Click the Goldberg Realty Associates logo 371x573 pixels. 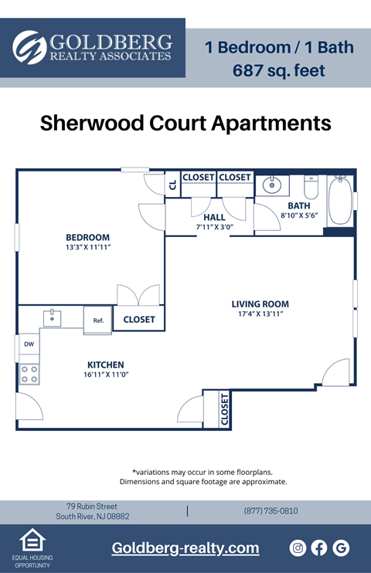click(x=92, y=47)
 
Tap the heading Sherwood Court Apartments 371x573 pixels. click(x=185, y=124)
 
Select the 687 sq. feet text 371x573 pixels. click(x=278, y=71)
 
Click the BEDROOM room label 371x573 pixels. click(x=87, y=237)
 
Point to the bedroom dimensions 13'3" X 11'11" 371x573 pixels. click(x=87, y=248)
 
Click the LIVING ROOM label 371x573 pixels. click(x=260, y=304)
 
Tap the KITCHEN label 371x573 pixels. click(x=106, y=364)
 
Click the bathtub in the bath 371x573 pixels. click(x=339, y=201)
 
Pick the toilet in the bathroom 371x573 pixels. click(x=311, y=187)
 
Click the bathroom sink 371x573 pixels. click(x=272, y=185)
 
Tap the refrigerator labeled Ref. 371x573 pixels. click(x=98, y=320)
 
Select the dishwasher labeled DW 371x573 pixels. click(x=29, y=344)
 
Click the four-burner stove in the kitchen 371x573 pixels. click(x=29, y=375)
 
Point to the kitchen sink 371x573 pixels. click(x=53, y=317)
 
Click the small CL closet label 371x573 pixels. click(x=172, y=185)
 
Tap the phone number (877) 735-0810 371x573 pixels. click(x=271, y=511)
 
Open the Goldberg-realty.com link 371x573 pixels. click(x=185, y=548)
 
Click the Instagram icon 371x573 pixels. click(x=298, y=548)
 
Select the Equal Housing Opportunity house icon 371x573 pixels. click(x=32, y=541)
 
